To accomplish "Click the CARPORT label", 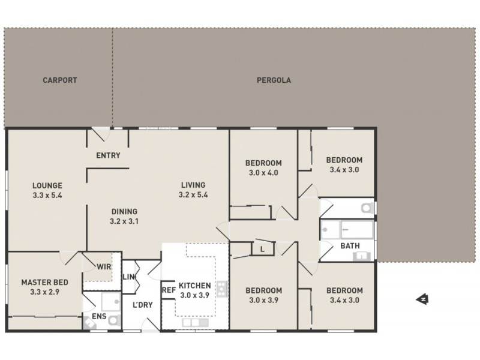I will pyautogui.click(x=59, y=80).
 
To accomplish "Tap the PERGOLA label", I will pyautogui.click(x=274, y=80).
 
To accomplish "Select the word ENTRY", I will pyautogui.click(x=108, y=155).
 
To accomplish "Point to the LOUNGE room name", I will pyautogui.click(x=47, y=185).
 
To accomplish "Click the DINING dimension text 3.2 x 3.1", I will pyautogui.click(x=124, y=221).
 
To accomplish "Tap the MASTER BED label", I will pyautogui.click(x=44, y=282).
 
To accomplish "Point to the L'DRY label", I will pyautogui.click(x=143, y=304).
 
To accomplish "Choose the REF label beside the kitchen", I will pyautogui.click(x=168, y=289).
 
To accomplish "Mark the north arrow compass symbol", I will pyautogui.click(x=422, y=298).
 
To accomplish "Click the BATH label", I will pyautogui.click(x=350, y=246).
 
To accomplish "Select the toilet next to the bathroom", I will pyautogui.click(x=365, y=208).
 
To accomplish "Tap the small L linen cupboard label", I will pyautogui.click(x=263, y=248).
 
